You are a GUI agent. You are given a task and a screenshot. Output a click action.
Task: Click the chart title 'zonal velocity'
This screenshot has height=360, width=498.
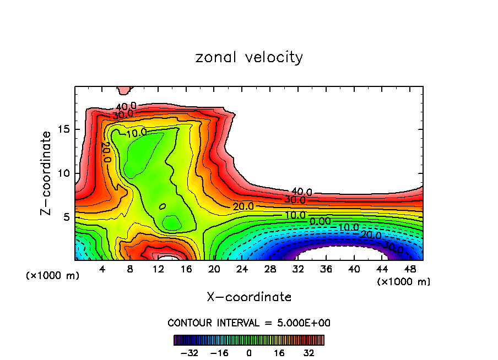249,57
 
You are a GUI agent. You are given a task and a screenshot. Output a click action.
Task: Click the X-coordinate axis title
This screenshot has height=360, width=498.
249,297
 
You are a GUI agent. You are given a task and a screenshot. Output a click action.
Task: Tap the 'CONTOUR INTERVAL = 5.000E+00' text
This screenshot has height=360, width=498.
249,323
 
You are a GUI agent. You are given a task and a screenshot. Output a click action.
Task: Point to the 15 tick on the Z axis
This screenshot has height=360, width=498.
66,129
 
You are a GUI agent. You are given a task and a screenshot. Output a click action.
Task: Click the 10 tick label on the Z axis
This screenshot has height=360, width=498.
66,173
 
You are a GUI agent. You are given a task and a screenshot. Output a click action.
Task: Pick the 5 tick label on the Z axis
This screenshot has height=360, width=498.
69,217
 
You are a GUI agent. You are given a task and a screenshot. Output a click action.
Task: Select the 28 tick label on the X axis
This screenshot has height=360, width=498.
270,269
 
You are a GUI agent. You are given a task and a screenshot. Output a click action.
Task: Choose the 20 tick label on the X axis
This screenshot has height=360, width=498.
214,269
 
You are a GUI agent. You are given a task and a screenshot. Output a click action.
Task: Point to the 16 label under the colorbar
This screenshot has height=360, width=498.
279,352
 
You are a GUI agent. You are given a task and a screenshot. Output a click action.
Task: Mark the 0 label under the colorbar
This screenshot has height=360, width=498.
249,352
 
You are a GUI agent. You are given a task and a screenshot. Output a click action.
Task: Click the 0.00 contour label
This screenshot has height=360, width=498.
320,221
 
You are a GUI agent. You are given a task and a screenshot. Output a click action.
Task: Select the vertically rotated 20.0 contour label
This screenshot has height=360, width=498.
106,152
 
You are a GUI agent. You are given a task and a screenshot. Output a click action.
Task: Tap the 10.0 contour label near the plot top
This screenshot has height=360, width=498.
136,133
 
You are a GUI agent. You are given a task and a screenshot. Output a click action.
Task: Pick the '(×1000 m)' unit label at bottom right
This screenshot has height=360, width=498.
404,282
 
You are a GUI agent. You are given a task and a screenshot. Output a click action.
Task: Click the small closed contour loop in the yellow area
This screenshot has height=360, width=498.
163,206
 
